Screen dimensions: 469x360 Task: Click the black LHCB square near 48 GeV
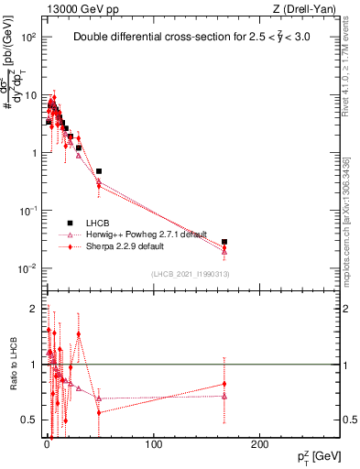99,171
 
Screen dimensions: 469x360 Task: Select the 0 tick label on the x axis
47,443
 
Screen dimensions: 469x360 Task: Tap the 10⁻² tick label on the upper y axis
28,268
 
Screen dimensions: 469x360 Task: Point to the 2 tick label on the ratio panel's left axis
33,308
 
